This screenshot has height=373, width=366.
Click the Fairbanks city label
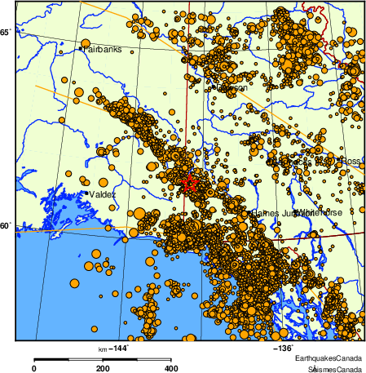click(x=103, y=49)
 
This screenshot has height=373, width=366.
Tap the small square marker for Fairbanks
click(x=80, y=49)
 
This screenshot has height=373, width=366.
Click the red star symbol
click(x=190, y=183)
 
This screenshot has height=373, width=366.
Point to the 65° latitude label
click(x=6, y=33)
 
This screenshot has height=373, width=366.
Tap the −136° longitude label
click(x=281, y=349)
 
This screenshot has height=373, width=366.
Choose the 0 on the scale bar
click(x=33, y=368)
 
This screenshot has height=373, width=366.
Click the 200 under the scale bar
click(x=103, y=368)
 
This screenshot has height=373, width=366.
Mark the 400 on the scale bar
click(x=171, y=368)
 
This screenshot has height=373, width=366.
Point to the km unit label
click(x=103, y=349)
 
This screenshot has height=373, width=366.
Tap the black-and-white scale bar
click(x=102, y=358)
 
